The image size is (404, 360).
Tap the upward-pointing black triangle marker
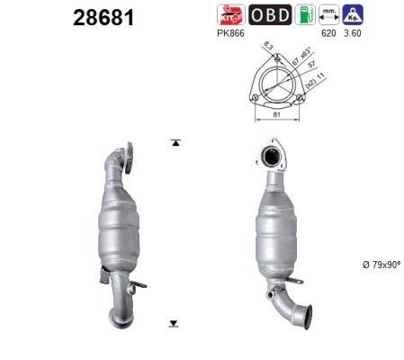(x=173, y=143)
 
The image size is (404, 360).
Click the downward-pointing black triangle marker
(x=173, y=321)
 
